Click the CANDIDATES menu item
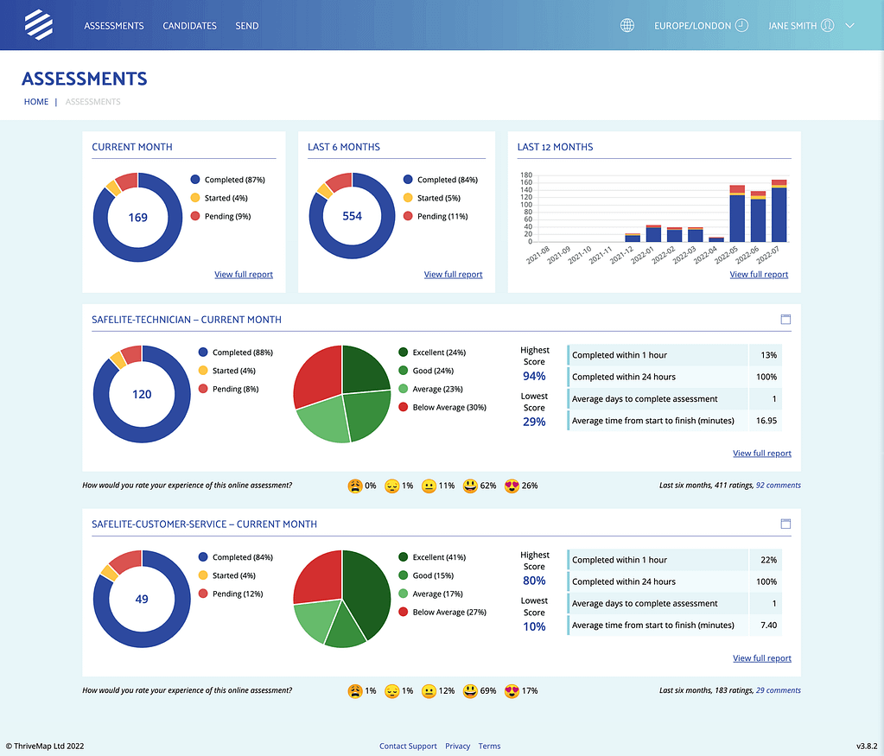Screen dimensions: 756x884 click(189, 26)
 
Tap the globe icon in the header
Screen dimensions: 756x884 click(627, 26)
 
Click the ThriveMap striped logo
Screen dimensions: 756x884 click(38, 25)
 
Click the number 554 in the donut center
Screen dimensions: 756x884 click(352, 217)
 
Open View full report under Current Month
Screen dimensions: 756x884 click(244, 275)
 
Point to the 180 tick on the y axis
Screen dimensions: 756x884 click(525, 175)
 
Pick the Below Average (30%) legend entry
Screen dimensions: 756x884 click(448, 407)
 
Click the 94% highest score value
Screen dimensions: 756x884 click(534, 377)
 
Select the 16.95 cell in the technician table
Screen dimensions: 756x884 click(766, 421)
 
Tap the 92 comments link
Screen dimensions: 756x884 click(778, 486)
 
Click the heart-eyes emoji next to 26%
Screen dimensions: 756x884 click(511, 486)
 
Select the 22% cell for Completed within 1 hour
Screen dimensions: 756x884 click(766, 560)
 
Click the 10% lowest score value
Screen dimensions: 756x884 click(534, 626)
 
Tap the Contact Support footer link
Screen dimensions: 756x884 click(408, 746)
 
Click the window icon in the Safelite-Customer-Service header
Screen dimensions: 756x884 click(785, 524)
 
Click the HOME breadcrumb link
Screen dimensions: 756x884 click(36, 102)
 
